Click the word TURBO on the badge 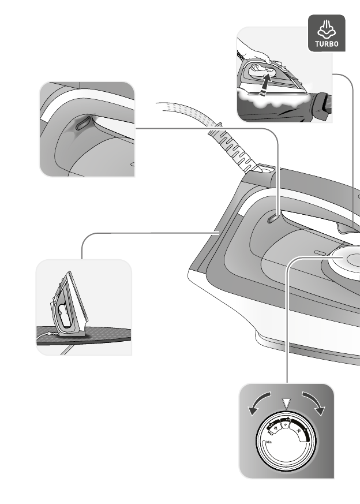(x=326, y=43)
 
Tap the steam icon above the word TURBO (x=326, y=28)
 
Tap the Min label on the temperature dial (x=269, y=442)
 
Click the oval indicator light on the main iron (x=273, y=217)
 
